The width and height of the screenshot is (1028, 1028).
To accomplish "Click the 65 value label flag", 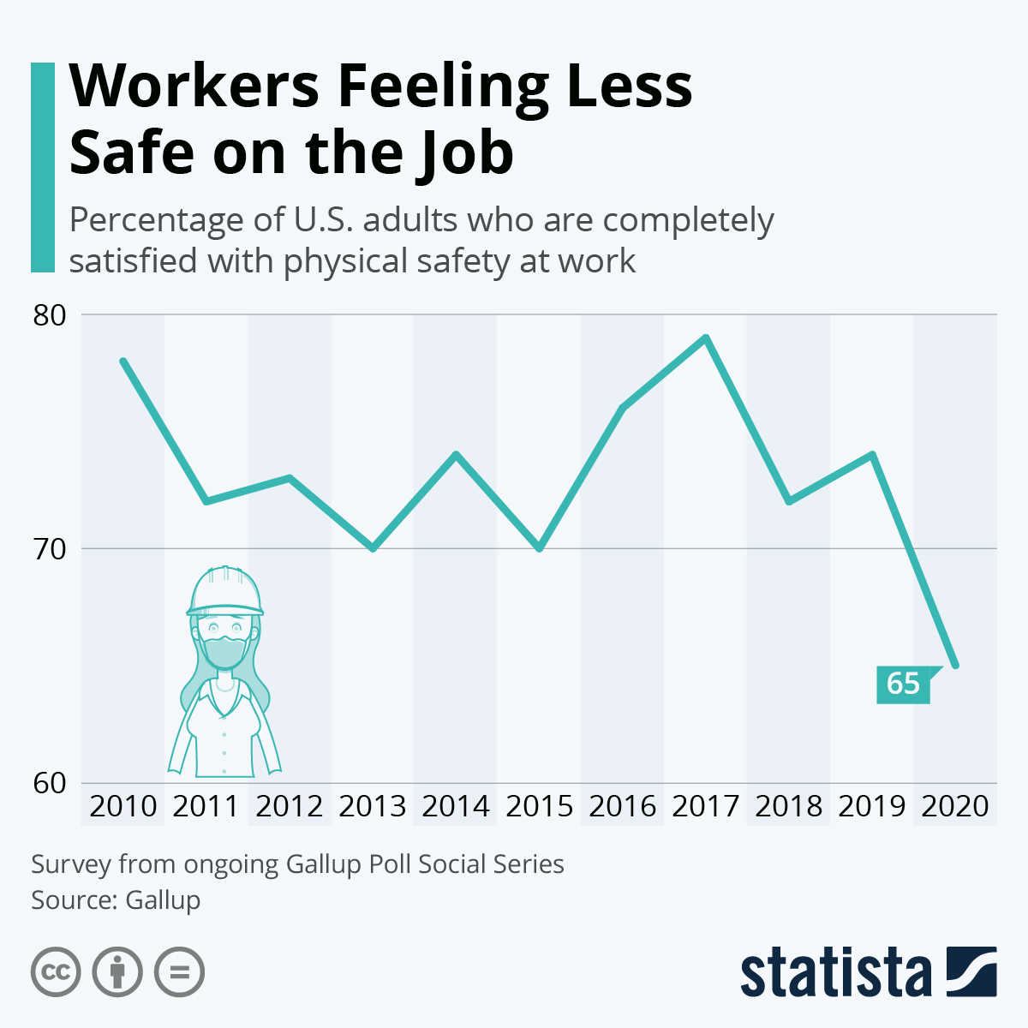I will click(x=903, y=684).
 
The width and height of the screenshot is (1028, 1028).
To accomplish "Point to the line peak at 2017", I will click(x=706, y=338).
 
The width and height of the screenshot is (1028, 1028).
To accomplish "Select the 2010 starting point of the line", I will click(x=123, y=362).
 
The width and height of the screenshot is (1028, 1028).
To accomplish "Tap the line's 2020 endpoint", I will click(x=955, y=665).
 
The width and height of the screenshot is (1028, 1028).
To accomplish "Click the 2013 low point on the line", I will click(x=373, y=547).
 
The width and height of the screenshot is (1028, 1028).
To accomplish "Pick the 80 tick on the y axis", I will click(x=49, y=315).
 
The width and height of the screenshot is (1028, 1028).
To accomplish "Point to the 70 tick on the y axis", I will click(x=49, y=548).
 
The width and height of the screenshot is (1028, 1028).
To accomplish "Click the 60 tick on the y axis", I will click(x=49, y=783).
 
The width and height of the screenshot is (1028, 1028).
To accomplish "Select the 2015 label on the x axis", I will click(x=539, y=807).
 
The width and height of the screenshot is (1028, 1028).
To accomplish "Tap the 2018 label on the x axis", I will click(x=788, y=807).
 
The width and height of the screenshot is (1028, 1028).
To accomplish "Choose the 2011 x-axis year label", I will click(x=206, y=807).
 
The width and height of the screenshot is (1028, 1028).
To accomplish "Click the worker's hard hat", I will click(x=225, y=591).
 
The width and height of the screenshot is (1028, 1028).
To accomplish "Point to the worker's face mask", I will click(x=224, y=651).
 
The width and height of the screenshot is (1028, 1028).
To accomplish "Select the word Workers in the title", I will click(x=195, y=86).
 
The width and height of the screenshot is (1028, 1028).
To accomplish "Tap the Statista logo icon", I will click(x=971, y=971).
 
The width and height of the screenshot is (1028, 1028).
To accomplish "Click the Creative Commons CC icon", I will click(x=56, y=972).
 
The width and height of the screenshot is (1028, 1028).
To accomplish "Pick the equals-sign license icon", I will click(x=179, y=972).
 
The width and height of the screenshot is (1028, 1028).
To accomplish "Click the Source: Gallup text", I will click(x=116, y=900).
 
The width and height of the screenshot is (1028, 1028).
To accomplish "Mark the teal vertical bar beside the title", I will click(x=42, y=167).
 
